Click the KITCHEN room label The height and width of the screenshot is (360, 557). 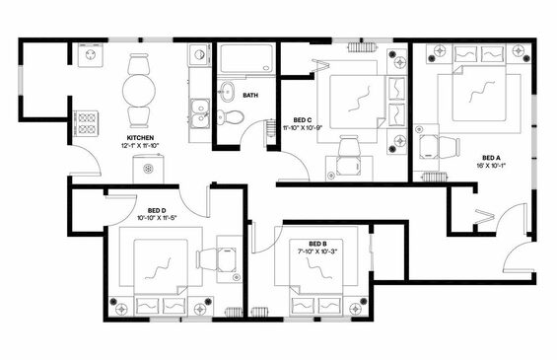coord(140,138)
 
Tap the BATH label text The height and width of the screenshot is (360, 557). coord(250,96)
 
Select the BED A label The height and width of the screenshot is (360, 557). coord(491,158)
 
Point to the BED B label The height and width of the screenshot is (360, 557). coord(317,244)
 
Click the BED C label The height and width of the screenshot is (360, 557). coord(303,120)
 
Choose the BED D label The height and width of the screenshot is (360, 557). coord(157,211)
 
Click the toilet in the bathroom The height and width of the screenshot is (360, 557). coord(230,116)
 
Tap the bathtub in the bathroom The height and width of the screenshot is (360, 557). coord(245,58)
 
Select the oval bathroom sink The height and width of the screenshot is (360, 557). coord(227,91)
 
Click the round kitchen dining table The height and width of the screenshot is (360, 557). coord(139,91)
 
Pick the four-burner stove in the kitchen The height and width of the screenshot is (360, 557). coord(86,123)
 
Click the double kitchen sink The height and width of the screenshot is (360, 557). coord(200,113)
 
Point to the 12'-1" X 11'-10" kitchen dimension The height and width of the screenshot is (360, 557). coord(140,145)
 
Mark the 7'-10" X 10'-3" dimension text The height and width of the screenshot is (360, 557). coord(317,252)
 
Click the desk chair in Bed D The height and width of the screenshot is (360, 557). coord(207,259)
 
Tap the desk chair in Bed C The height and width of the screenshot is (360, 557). coord(348,146)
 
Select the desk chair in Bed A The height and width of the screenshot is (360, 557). coord(450,146)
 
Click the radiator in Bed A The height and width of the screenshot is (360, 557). coord(434,177)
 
